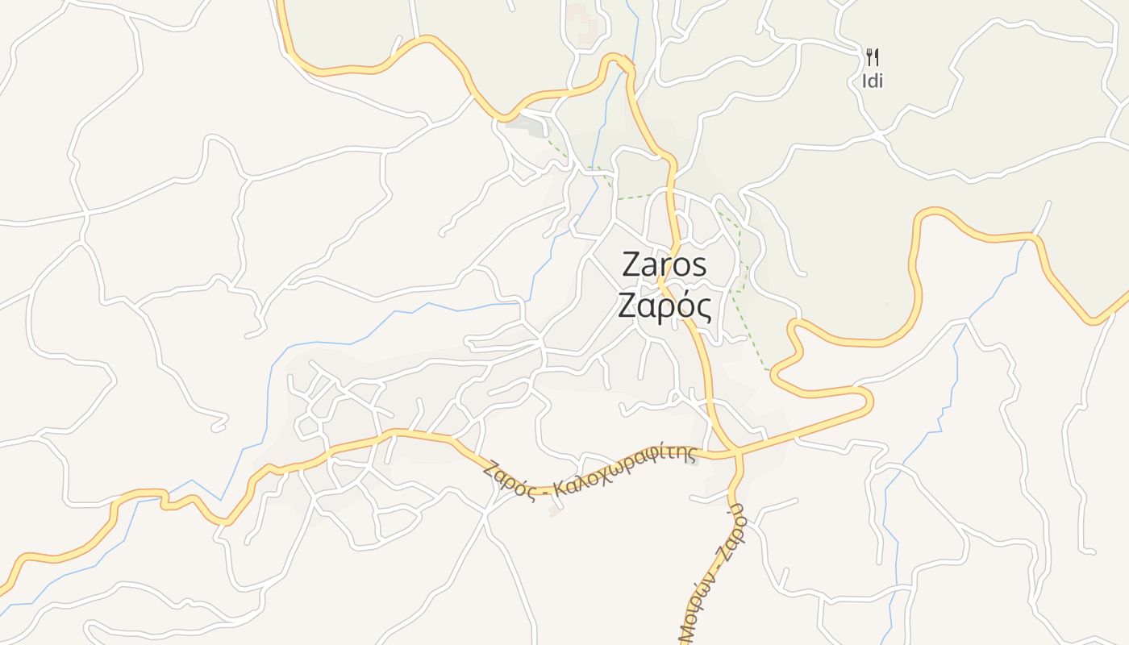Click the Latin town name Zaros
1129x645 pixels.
(664, 264)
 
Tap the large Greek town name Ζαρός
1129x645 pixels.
(664, 306)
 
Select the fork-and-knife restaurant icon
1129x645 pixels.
(872, 56)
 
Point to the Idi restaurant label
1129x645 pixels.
(872, 81)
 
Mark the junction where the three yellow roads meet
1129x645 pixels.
(738, 452)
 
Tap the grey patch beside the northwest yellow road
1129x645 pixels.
(527, 125)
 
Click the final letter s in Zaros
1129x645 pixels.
(699, 265)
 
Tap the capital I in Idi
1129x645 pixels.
(864, 81)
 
